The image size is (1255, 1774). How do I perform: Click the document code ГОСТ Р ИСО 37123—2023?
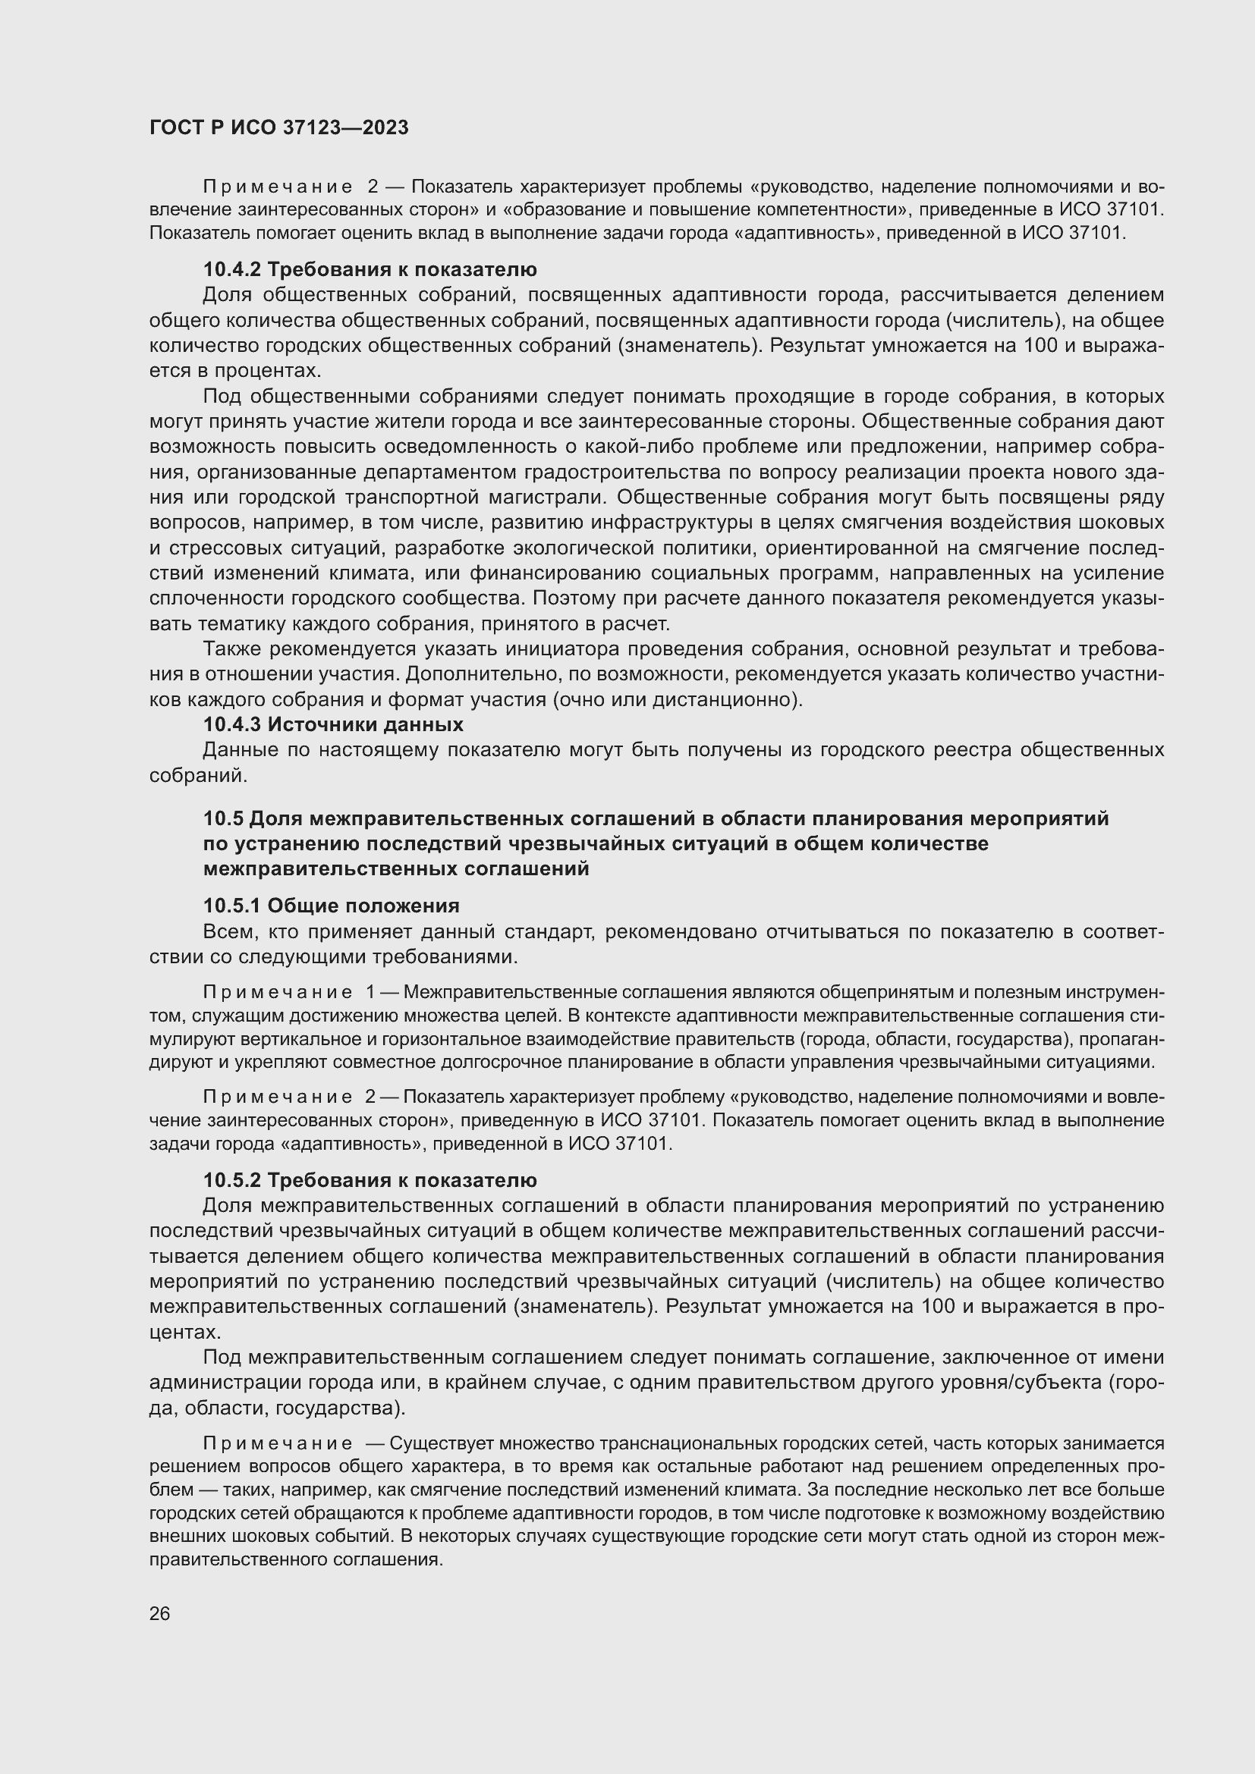click(x=278, y=128)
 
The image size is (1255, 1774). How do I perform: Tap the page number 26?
click(x=159, y=1613)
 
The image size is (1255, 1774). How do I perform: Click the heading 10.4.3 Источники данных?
click(x=333, y=725)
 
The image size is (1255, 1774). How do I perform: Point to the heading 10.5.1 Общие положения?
click(x=331, y=906)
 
